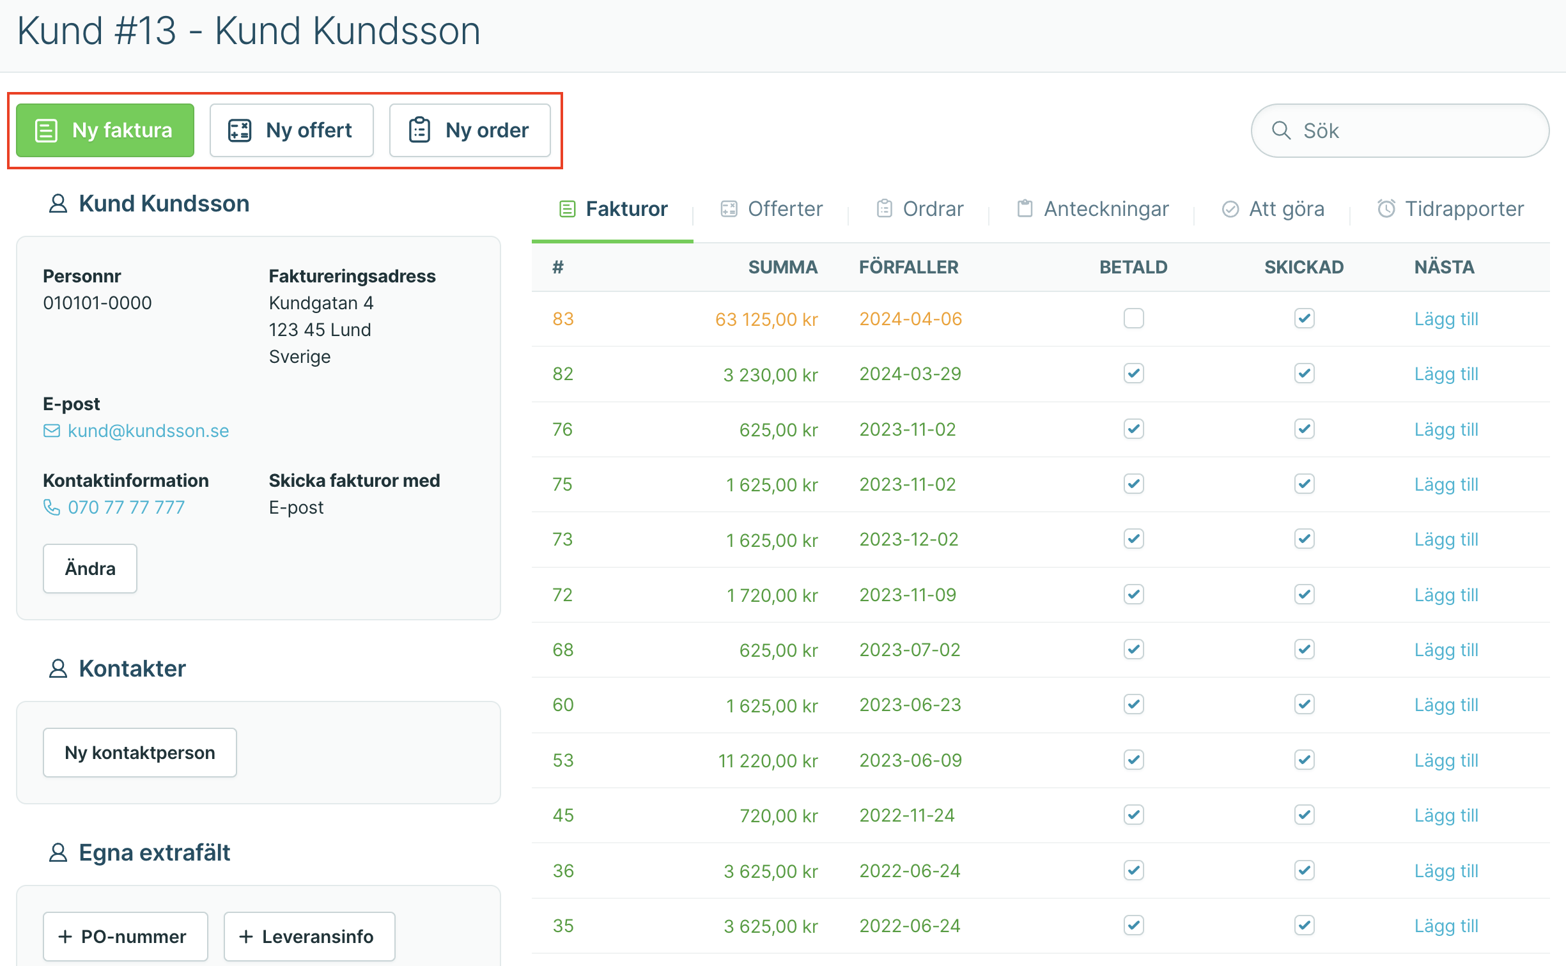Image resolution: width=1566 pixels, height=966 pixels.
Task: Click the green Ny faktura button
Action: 105,130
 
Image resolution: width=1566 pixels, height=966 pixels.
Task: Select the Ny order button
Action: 470,130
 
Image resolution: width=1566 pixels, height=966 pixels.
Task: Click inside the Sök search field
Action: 1400,130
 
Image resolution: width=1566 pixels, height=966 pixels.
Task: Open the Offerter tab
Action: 771,209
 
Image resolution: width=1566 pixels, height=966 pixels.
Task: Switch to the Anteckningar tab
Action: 1092,209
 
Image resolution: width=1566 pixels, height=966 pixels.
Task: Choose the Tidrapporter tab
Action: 1450,209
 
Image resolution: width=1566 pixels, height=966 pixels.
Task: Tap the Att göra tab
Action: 1273,209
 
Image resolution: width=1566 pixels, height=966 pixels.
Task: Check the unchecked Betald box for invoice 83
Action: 1133,318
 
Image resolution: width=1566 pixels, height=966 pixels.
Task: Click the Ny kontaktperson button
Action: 140,753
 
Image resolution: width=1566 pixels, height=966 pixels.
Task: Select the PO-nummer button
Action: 125,937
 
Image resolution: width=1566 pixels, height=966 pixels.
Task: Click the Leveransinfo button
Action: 309,937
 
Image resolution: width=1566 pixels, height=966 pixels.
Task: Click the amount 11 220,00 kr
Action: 768,760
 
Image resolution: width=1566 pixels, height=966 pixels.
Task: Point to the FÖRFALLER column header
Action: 908,267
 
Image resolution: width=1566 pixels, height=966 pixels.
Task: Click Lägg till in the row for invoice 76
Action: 1446,429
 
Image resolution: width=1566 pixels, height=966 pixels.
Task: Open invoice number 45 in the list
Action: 563,815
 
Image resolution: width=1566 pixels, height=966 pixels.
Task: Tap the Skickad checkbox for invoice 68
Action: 1304,649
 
